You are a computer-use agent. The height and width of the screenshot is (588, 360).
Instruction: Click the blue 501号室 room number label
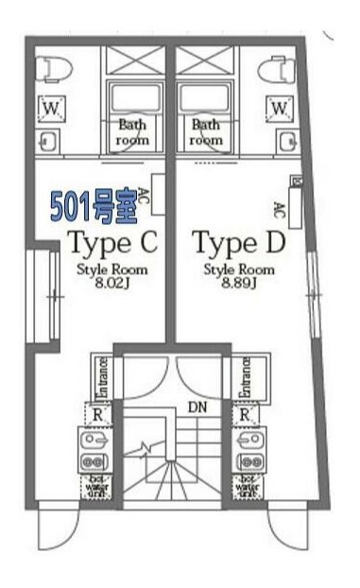click(92, 206)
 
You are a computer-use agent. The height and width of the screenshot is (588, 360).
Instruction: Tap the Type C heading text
click(111, 244)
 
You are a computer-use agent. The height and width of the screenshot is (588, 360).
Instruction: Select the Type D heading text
click(239, 244)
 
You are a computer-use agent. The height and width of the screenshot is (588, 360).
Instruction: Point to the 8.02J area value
click(111, 281)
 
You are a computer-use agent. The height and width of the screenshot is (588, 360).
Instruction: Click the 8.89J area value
click(239, 281)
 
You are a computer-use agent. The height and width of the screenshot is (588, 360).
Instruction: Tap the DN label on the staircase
click(197, 407)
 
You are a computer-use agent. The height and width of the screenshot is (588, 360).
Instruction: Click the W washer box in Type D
click(280, 109)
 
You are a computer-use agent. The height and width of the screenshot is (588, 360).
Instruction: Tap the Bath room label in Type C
click(132, 131)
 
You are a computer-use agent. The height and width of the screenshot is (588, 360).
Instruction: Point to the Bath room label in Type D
click(208, 131)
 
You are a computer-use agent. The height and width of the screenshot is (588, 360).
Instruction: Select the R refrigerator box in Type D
click(245, 414)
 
